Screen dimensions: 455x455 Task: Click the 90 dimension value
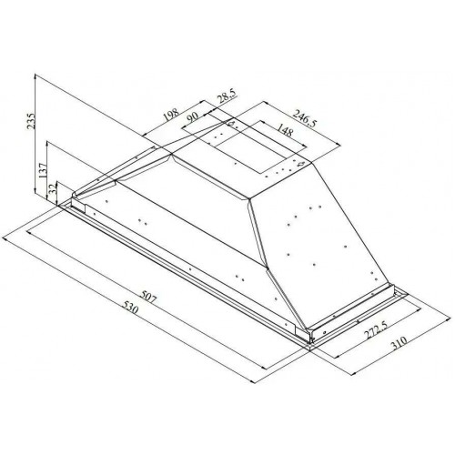194,116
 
